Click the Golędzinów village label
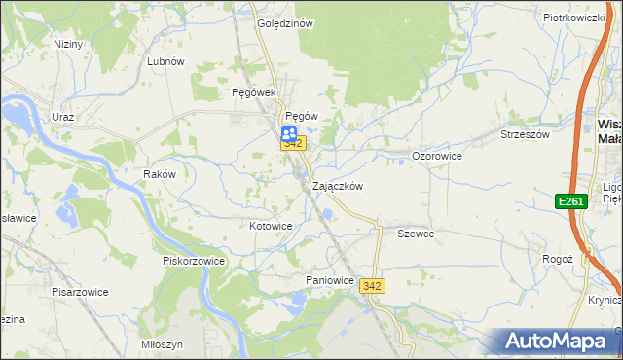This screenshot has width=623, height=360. click(x=284, y=23)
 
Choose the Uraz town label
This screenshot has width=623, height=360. click(x=63, y=117)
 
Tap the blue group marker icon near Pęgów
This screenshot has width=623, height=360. click(x=290, y=135)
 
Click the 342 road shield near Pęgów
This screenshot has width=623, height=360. click(x=294, y=144)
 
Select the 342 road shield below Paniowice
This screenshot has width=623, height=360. click(x=371, y=286)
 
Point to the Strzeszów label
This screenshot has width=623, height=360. click(x=527, y=134)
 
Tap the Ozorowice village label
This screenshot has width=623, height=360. click(x=436, y=156)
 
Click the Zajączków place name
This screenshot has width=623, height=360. click(x=338, y=186)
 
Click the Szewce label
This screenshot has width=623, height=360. click(x=416, y=234)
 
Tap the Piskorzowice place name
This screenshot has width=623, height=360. click(x=194, y=261)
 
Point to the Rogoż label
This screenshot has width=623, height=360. click(x=557, y=260)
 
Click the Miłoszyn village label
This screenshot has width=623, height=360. click(x=162, y=345)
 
